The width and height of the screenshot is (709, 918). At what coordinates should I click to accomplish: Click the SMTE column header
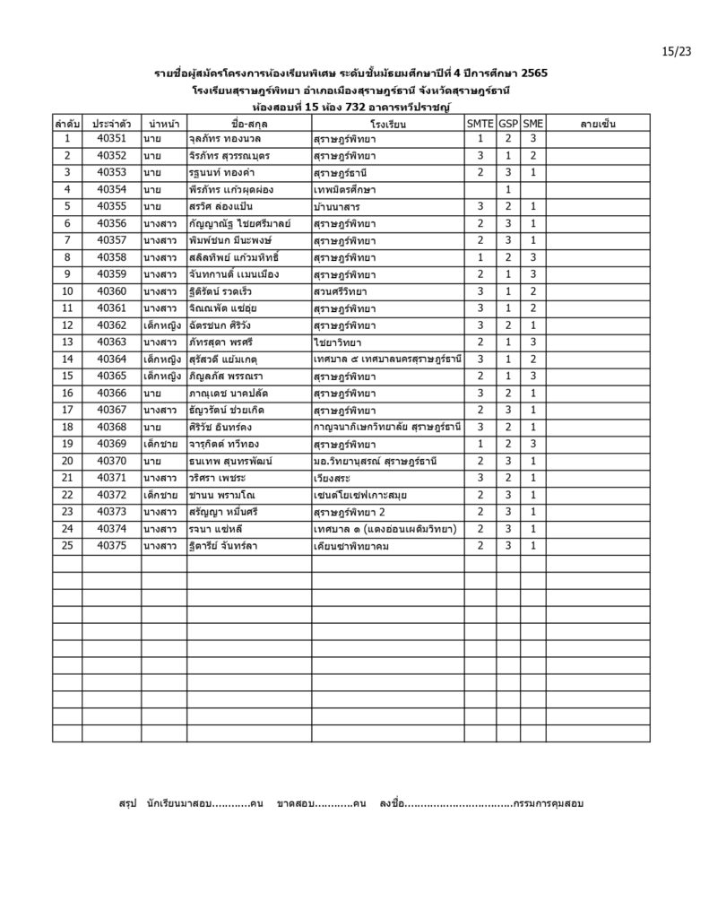click(480, 123)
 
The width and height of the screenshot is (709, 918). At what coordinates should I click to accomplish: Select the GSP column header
click(508, 123)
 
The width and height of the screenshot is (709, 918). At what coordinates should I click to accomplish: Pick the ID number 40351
click(111, 139)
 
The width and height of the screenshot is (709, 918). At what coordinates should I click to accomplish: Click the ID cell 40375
click(111, 545)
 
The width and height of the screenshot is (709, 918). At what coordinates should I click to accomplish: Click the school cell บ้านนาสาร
click(338, 207)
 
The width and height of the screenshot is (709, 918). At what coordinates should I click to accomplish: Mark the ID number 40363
click(111, 342)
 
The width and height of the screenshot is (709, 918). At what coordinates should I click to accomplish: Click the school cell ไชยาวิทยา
click(337, 342)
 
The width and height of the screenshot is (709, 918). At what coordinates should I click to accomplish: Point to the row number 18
click(67, 427)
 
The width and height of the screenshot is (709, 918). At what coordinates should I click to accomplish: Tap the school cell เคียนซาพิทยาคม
click(351, 545)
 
